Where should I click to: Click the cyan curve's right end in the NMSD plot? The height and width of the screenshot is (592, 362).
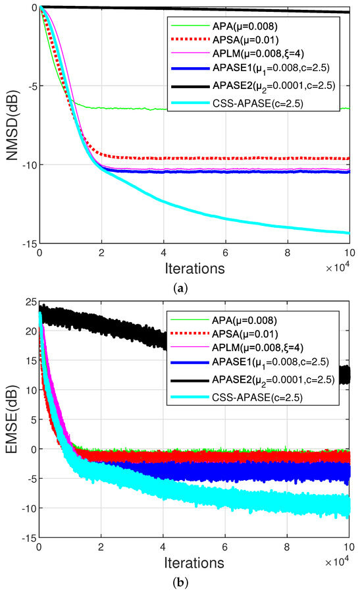(348, 232)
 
